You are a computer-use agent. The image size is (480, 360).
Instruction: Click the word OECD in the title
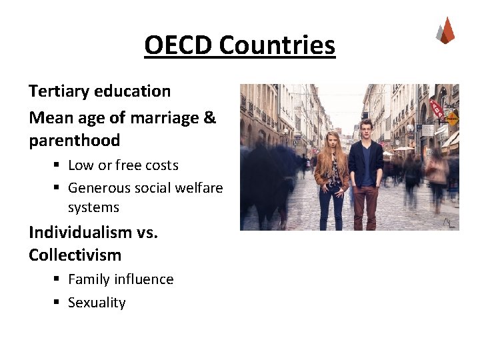point(178,45)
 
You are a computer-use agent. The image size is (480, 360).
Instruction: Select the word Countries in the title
point(276,45)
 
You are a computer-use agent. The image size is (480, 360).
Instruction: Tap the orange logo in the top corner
point(445,31)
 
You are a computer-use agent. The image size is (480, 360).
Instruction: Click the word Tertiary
point(62,91)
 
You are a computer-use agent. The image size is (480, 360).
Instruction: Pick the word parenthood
point(74,141)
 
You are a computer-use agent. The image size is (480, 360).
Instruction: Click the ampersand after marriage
point(209,118)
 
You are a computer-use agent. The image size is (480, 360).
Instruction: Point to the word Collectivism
point(75,255)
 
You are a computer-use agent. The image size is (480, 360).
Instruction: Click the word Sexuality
point(97,303)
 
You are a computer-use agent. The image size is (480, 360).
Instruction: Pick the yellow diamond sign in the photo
point(451,120)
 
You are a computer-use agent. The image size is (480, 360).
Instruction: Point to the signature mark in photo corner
point(450,222)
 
